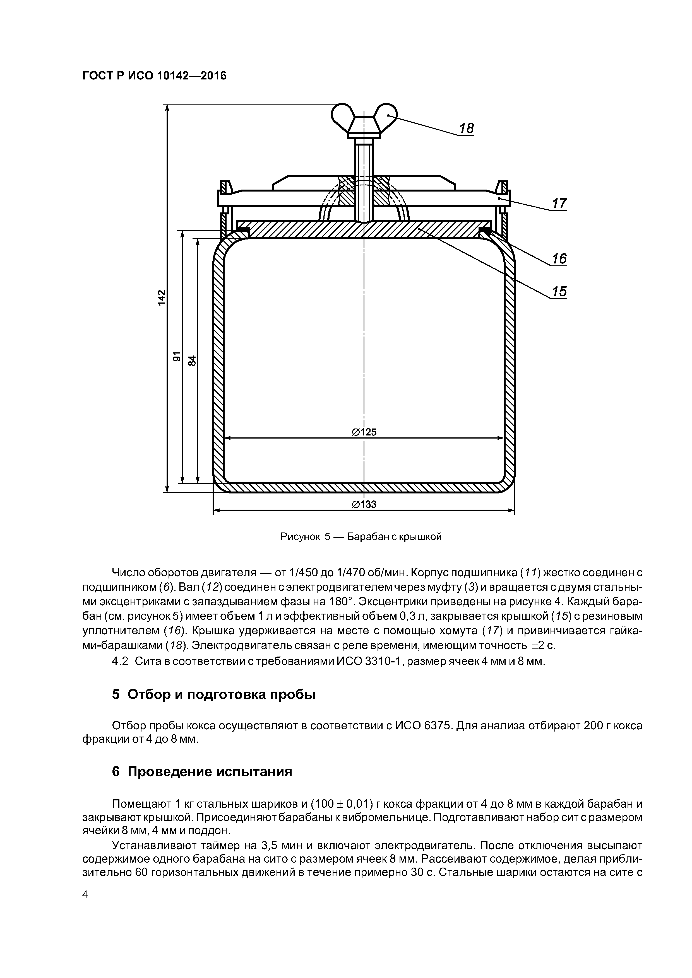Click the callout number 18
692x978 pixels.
coord(467,128)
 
